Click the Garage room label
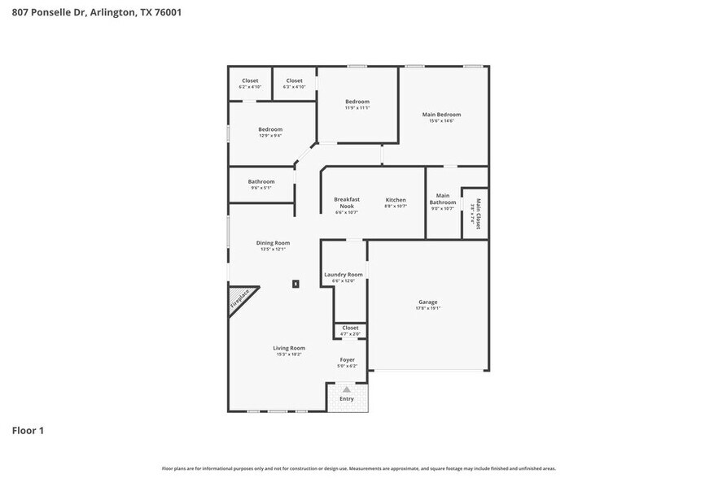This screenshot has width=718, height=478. point(428,302)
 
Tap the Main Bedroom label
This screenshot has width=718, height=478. point(441,115)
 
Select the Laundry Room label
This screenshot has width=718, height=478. point(344,275)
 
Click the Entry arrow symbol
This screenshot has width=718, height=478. point(347,389)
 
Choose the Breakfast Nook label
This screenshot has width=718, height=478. point(347,202)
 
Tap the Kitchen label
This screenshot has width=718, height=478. point(396,200)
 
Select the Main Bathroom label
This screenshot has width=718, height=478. point(443,198)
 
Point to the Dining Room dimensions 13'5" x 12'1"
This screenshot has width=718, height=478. point(273,250)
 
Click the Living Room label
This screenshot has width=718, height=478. point(289,348)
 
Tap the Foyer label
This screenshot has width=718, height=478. point(347,359)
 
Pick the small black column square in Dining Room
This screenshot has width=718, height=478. point(296,284)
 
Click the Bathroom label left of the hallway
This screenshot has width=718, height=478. point(261,181)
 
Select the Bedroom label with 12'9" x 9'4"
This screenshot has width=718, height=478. point(270,129)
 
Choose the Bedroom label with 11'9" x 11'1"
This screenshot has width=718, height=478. point(357,102)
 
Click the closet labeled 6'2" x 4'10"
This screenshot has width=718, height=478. point(250,80)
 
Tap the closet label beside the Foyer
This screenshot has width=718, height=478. point(350,328)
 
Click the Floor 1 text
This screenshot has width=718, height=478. point(28,430)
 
